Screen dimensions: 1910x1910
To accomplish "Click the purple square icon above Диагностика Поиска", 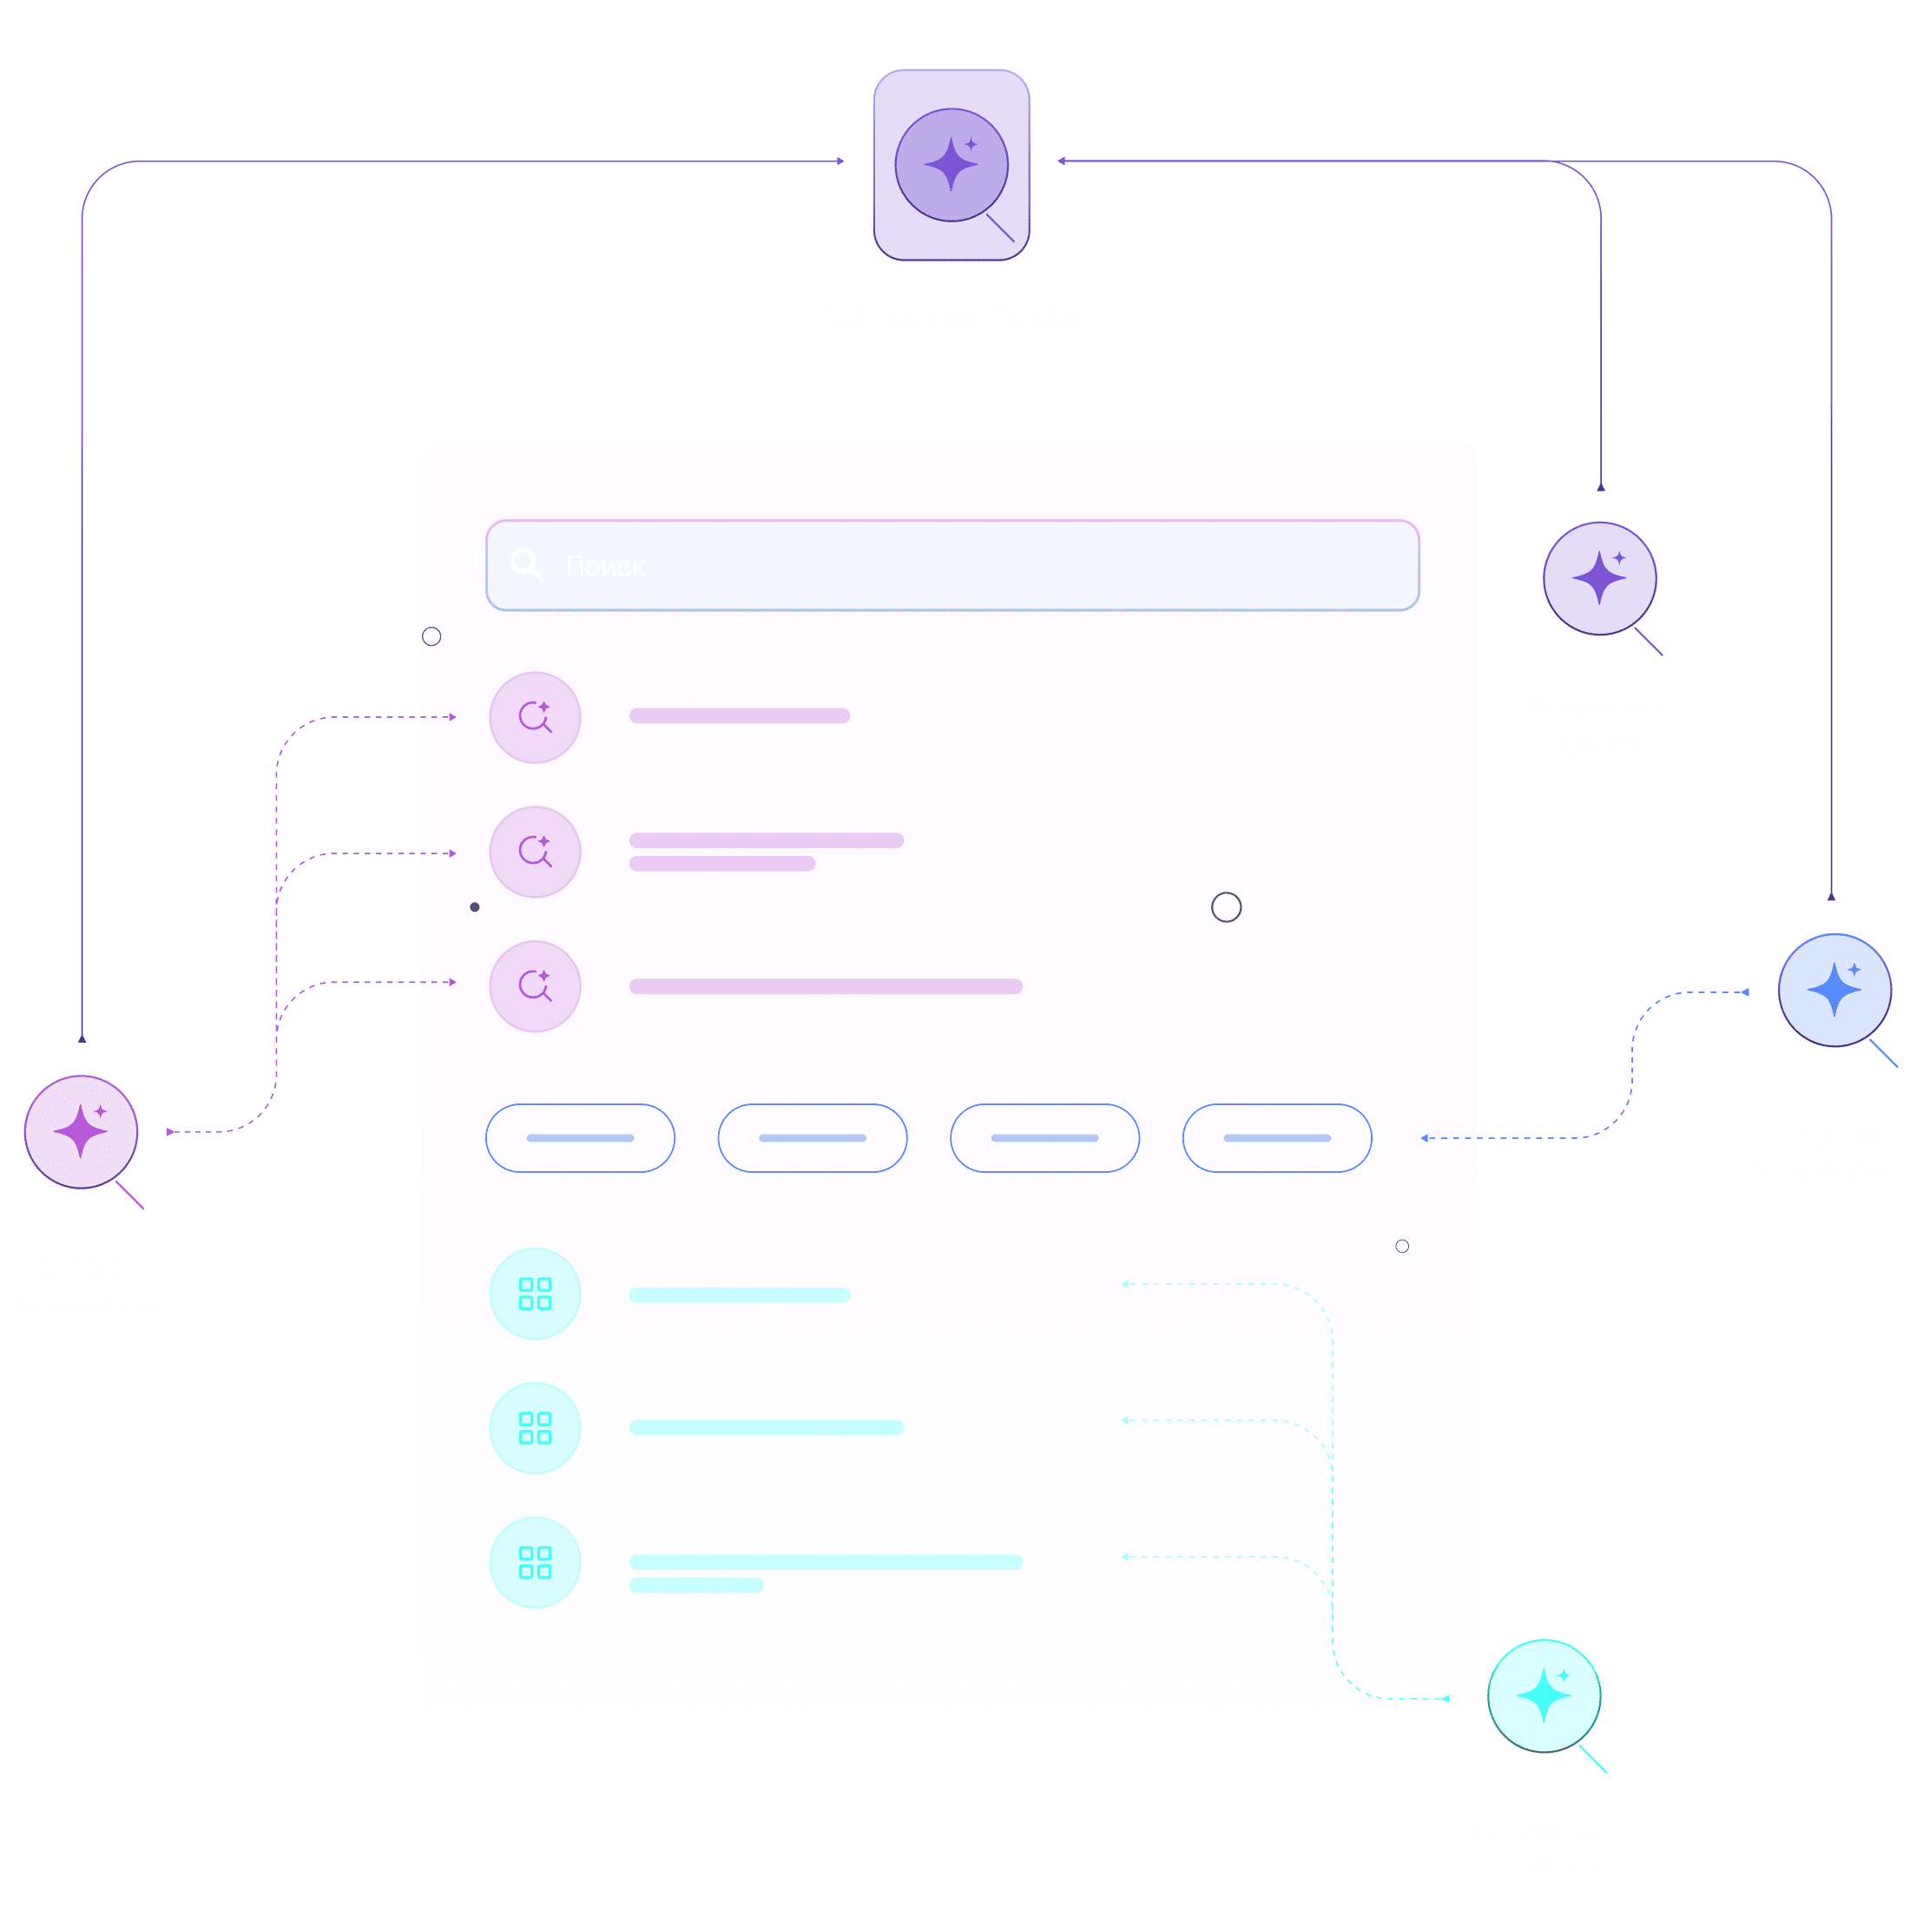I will pos(951,165).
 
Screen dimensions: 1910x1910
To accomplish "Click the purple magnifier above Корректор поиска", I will pos(1599,579).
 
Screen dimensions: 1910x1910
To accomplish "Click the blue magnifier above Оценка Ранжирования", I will pos(1834,990).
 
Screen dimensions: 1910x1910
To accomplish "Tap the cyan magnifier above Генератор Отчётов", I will pos(1544,1696).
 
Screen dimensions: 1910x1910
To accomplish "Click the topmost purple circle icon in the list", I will pos(535,718).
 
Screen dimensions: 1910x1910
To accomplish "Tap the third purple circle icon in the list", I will pos(535,986).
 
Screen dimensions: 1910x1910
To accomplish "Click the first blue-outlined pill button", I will pos(580,1138).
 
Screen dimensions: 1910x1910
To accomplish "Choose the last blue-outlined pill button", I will pos(1277,1138).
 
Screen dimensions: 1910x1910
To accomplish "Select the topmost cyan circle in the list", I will pos(535,1294).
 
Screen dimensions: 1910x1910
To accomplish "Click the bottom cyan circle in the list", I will pos(535,1563).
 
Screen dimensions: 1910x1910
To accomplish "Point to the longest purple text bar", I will pos(826,986).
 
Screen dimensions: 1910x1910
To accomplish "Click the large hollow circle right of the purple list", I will pos(1226,907).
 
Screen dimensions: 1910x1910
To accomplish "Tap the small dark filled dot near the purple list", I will pos(475,907).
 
